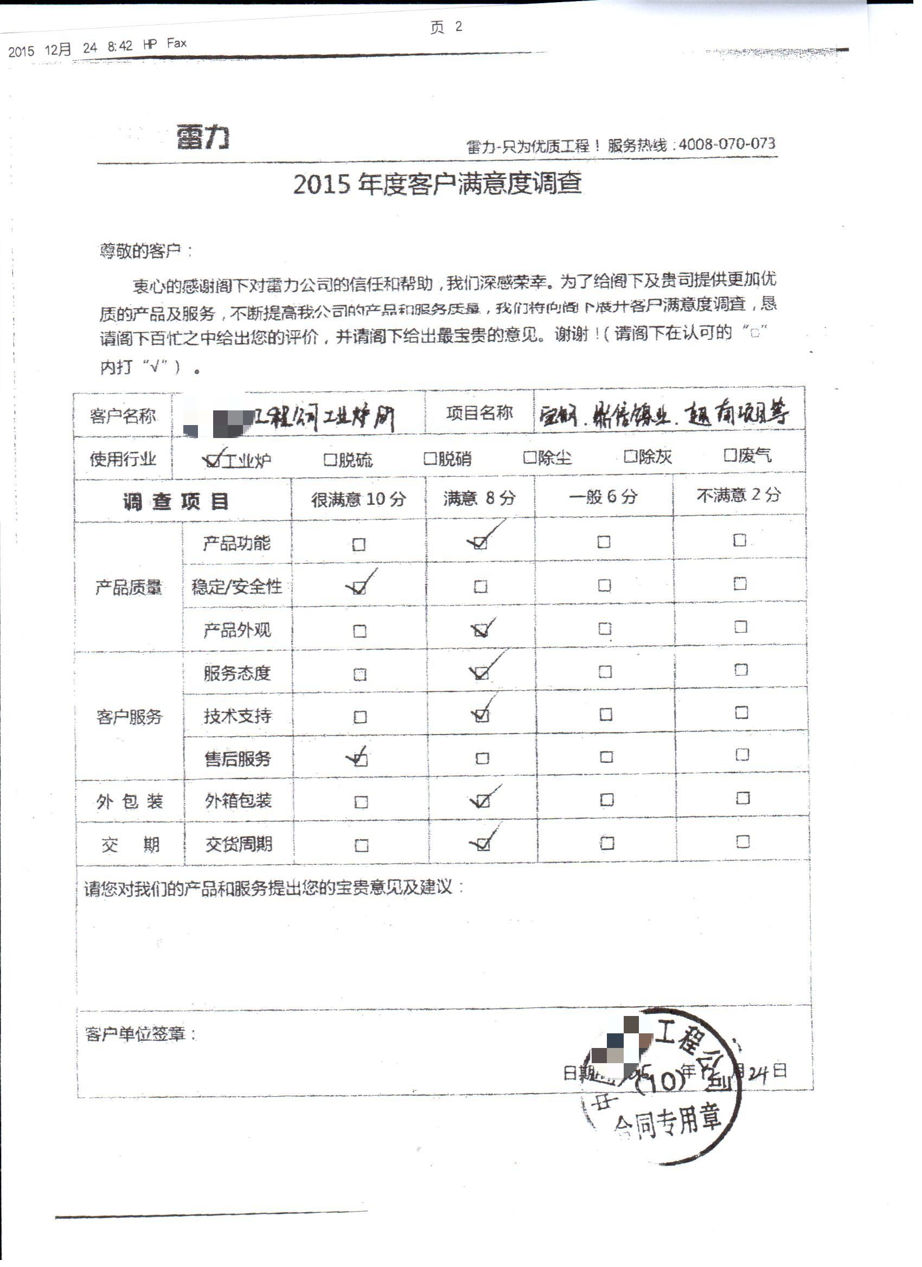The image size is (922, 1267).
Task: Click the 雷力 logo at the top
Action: click(x=203, y=137)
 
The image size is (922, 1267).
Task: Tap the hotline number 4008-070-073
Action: click(x=726, y=144)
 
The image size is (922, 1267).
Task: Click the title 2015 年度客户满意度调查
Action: click(x=438, y=184)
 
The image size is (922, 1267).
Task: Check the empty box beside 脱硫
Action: click(x=330, y=460)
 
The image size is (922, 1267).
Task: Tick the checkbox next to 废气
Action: click(x=730, y=456)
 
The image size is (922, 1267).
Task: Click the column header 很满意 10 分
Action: click(x=358, y=499)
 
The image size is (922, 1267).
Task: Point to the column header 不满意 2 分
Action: click(x=738, y=495)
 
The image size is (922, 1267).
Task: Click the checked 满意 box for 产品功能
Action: click(x=480, y=543)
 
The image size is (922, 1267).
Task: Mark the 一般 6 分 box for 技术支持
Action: click(x=606, y=715)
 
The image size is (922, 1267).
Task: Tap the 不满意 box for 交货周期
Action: click(x=742, y=841)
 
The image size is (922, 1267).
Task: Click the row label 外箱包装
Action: click(x=238, y=801)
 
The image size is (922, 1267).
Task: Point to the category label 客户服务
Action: click(x=129, y=717)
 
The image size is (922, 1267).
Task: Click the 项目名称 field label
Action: click(x=479, y=414)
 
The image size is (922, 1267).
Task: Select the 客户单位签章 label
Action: click(x=139, y=1034)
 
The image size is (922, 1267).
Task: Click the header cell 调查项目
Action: click(x=176, y=501)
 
